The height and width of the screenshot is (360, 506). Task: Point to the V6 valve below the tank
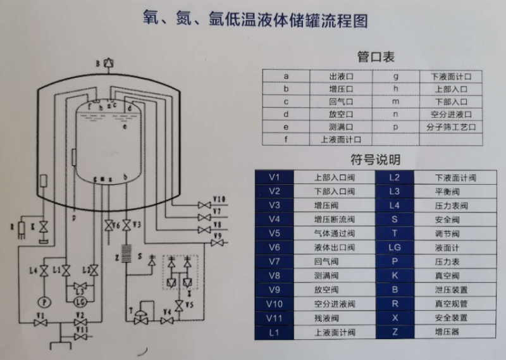tap(109, 226)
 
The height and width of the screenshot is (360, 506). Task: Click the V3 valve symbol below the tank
tap(127, 226)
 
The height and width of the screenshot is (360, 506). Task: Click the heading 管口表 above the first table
tap(376, 58)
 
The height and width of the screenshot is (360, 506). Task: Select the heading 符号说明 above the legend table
tap(376, 159)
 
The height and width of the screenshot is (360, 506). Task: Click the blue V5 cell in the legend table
tap(274, 233)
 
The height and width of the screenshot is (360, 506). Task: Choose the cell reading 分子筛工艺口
tap(448, 127)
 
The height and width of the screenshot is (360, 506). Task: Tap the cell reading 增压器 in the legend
tap(448, 332)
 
